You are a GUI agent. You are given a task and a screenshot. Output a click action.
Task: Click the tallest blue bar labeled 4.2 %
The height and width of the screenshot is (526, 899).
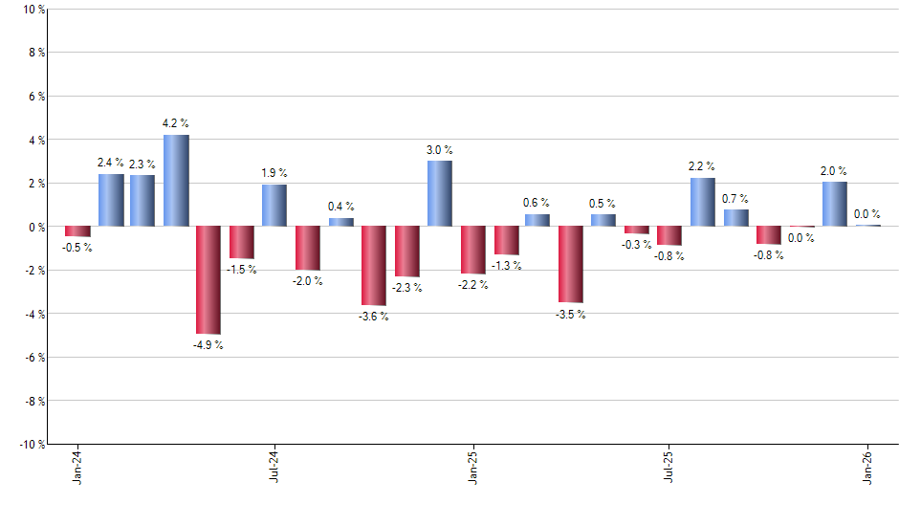(x=176, y=181)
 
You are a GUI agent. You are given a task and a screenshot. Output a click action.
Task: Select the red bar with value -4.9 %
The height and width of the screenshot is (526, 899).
(x=208, y=279)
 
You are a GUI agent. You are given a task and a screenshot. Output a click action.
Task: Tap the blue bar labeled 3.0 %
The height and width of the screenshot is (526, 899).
(x=440, y=193)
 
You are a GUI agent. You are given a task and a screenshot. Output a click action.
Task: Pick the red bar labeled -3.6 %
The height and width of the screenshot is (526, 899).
(x=373, y=265)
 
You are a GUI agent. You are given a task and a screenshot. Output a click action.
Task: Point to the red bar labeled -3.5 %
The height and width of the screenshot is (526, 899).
(x=571, y=264)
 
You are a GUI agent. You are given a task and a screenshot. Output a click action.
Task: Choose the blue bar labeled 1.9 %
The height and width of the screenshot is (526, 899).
(x=274, y=206)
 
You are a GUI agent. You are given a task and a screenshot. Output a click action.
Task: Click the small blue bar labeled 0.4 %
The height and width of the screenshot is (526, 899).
(x=340, y=222)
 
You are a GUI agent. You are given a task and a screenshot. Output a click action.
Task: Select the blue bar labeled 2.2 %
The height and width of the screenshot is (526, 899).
(x=702, y=202)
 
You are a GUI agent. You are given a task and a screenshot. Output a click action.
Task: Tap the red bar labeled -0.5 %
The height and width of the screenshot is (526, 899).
(x=77, y=231)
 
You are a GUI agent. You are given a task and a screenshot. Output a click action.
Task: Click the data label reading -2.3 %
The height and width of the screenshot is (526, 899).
(x=406, y=287)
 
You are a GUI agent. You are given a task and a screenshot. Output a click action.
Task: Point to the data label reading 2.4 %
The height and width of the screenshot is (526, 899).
(x=111, y=163)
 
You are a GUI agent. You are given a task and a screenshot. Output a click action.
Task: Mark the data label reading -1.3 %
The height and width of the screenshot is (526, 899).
(x=506, y=265)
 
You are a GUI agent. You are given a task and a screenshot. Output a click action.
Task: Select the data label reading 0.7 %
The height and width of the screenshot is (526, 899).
(x=735, y=198)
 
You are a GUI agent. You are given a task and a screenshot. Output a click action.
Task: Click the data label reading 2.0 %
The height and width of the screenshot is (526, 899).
(x=834, y=171)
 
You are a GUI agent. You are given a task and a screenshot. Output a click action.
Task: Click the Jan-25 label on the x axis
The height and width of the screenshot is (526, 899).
(x=472, y=468)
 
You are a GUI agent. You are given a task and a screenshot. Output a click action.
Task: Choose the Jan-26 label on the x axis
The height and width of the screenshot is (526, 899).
(x=867, y=468)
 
